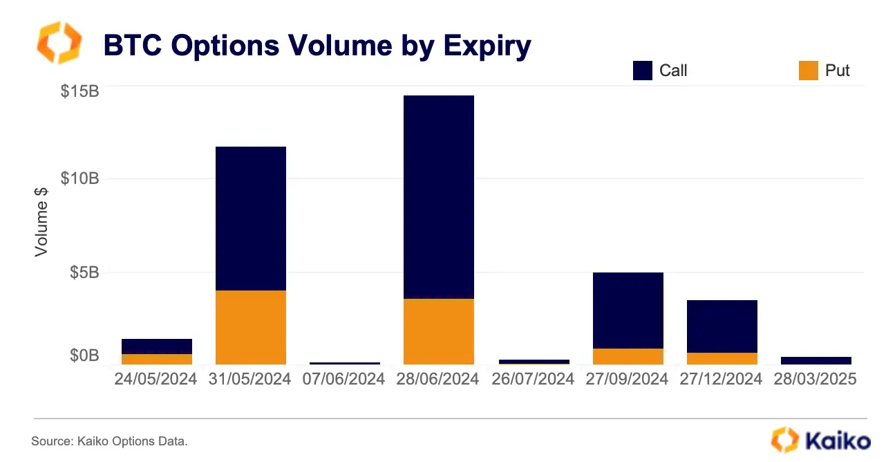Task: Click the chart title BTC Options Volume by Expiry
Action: (317, 46)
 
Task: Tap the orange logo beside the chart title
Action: (59, 42)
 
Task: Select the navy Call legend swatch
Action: (643, 71)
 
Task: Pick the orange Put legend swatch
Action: (809, 71)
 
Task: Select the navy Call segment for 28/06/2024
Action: (439, 197)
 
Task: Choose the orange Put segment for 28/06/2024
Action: (439, 331)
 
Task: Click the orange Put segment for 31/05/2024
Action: (251, 327)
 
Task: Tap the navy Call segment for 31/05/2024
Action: (251, 219)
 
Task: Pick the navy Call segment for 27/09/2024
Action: (628, 311)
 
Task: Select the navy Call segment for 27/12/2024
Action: (722, 326)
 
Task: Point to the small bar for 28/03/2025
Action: (816, 360)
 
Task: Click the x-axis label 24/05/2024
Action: (155, 379)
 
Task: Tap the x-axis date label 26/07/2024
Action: (533, 379)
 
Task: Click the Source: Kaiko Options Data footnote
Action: (109, 441)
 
